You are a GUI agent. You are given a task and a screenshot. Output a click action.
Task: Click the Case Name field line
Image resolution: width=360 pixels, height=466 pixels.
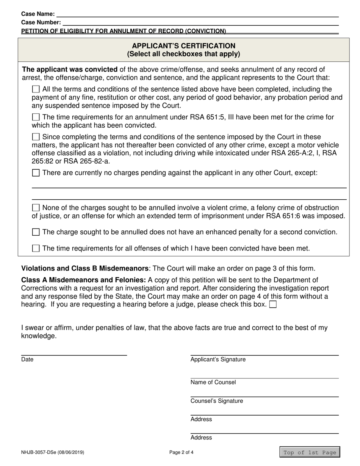click(197, 14)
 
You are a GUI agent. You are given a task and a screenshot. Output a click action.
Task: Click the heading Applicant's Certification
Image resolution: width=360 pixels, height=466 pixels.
click(183, 46)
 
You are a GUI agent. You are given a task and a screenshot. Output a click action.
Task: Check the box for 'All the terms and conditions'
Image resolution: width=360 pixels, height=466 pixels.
click(36, 89)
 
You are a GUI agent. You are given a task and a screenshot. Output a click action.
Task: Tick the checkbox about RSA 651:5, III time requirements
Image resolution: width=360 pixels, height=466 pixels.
click(36, 117)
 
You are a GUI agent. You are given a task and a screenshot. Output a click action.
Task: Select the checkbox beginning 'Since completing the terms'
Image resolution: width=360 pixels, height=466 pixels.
click(36, 137)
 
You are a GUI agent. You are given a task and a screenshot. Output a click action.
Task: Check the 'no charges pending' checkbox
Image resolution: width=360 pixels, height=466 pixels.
click(36, 173)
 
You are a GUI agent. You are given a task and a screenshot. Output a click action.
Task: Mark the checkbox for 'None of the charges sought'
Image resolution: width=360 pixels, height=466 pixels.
click(36, 208)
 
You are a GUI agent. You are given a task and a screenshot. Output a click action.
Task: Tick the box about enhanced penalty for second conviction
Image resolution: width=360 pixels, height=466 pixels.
click(36, 232)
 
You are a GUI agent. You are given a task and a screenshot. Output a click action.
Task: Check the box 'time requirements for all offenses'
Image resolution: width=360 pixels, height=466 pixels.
click(36, 249)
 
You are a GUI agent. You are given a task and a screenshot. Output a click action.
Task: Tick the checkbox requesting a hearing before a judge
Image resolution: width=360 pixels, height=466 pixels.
click(272, 305)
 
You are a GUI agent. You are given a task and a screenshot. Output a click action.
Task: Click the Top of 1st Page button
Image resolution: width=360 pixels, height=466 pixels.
click(310, 452)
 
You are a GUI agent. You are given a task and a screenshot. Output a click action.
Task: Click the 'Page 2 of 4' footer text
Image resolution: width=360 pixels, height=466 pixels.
click(181, 452)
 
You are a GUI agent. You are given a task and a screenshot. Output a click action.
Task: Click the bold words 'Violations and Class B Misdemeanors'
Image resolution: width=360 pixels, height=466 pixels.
click(85, 268)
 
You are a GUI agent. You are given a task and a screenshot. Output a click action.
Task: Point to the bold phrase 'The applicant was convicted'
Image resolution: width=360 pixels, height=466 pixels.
click(70, 69)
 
